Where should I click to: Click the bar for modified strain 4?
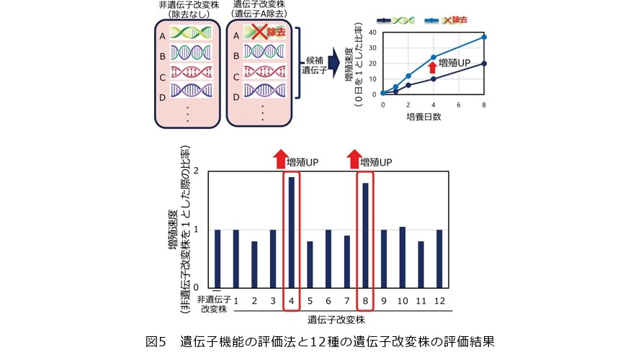pos(291,232)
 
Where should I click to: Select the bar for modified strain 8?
pos(366,235)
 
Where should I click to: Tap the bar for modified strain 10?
pos(403,257)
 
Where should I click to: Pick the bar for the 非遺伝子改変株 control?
pos(217,258)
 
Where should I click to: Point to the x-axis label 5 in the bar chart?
pos(310,299)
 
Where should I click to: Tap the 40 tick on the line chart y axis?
pos(373,32)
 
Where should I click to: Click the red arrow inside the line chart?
pos(433,67)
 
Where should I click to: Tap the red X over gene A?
pos(254,32)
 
